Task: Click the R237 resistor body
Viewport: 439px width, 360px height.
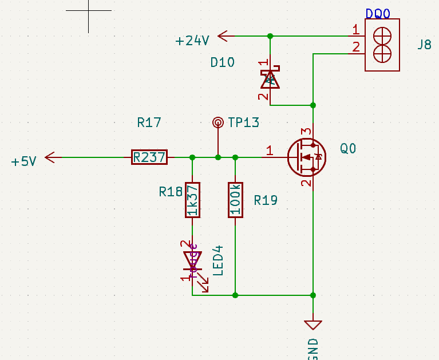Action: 149,157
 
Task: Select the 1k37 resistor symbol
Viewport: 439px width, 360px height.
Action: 192,200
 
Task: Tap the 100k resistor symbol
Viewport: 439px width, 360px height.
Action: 235,200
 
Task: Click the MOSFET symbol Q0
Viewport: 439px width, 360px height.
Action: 306,157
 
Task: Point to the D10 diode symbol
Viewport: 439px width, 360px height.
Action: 270,79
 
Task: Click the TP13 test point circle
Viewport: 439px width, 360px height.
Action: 217,122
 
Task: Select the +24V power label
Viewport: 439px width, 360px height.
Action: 192,41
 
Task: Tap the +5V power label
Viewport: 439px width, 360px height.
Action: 23,161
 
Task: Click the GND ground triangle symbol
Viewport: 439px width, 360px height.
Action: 313,325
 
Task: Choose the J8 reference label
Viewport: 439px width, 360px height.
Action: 424,45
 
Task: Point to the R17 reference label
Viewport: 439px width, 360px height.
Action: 149,122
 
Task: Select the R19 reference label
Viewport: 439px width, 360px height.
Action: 266,200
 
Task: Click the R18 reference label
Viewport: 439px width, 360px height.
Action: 171,192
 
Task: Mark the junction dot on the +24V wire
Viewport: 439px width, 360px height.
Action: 270,36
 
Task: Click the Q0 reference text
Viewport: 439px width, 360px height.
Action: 348,149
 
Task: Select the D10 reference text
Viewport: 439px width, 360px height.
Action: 222,62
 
